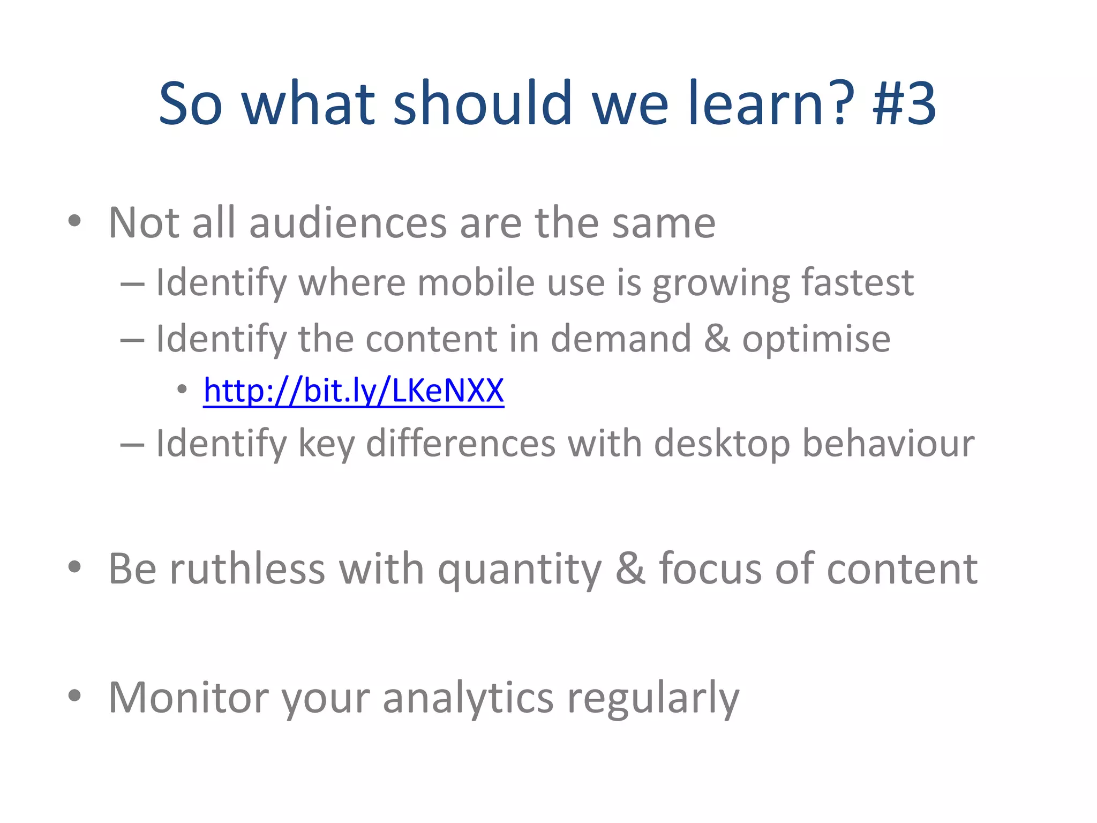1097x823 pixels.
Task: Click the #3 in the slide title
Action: [x=904, y=103]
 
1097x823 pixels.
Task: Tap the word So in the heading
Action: [x=190, y=103]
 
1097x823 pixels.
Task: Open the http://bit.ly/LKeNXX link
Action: [x=354, y=391]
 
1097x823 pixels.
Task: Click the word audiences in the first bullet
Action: [x=348, y=223]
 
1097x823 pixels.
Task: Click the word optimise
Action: [x=816, y=339]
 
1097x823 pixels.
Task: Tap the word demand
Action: [x=621, y=339]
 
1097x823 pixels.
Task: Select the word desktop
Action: [x=722, y=445]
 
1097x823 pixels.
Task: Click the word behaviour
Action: [x=888, y=444]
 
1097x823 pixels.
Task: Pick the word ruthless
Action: [x=247, y=568]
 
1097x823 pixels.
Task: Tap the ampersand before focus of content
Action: [x=630, y=568]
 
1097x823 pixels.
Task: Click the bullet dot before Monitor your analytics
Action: [x=74, y=695]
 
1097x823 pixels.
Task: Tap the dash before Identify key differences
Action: [x=132, y=445]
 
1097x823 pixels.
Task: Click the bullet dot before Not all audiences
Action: [x=74, y=220]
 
